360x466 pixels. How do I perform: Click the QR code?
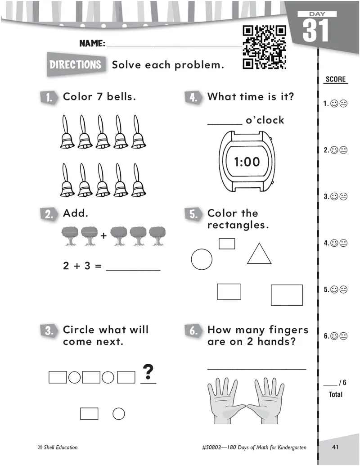point(264,47)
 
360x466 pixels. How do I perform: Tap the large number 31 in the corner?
point(316,30)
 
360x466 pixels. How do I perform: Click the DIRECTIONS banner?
point(76,64)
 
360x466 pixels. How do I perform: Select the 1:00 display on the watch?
point(247,162)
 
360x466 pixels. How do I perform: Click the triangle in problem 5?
point(259,254)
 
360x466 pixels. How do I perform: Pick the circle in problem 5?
point(202,259)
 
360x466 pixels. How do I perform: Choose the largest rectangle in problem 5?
point(287,295)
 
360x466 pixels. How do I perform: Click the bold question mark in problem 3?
point(148,371)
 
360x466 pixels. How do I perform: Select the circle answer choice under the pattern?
point(119,413)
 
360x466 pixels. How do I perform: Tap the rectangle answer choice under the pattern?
point(89,413)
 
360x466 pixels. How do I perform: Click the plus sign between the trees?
point(103,236)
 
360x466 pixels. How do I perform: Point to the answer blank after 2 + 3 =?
point(133,270)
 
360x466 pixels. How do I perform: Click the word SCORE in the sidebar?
point(336,79)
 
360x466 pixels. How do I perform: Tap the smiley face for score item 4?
point(334,243)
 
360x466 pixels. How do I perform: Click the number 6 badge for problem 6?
point(193,330)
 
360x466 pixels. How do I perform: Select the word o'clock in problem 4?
point(265,120)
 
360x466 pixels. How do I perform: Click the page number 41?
point(335,447)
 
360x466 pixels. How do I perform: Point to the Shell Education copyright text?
point(58,447)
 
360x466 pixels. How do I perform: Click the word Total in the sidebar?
point(336,394)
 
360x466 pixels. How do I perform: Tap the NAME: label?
point(92,44)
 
